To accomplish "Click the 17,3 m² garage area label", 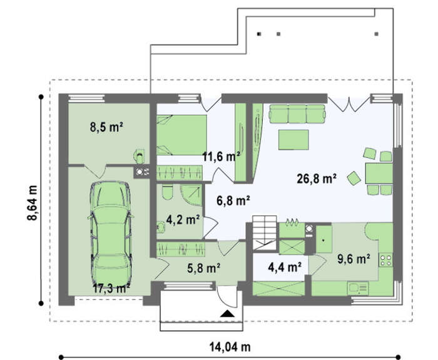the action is (x=111, y=288).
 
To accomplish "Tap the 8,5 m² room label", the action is (x=107, y=127).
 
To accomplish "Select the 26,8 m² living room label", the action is (x=317, y=178).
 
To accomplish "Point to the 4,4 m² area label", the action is (x=285, y=267).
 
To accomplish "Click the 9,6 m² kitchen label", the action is (x=354, y=259).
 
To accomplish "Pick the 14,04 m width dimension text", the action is (x=230, y=347).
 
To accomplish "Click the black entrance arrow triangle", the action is (x=227, y=314).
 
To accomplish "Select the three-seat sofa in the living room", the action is (x=297, y=114).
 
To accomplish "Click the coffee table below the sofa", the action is (x=293, y=140).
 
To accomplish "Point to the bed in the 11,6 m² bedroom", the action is (x=181, y=135).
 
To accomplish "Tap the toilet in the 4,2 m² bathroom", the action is (x=167, y=193).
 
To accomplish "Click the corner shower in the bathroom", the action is (x=191, y=195).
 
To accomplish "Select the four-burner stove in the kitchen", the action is (x=386, y=260).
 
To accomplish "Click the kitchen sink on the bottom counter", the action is (x=358, y=288).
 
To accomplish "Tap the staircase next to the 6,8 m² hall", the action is (x=265, y=232).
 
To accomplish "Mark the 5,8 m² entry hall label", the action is (x=203, y=268).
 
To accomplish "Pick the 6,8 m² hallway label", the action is (x=233, y=200).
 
